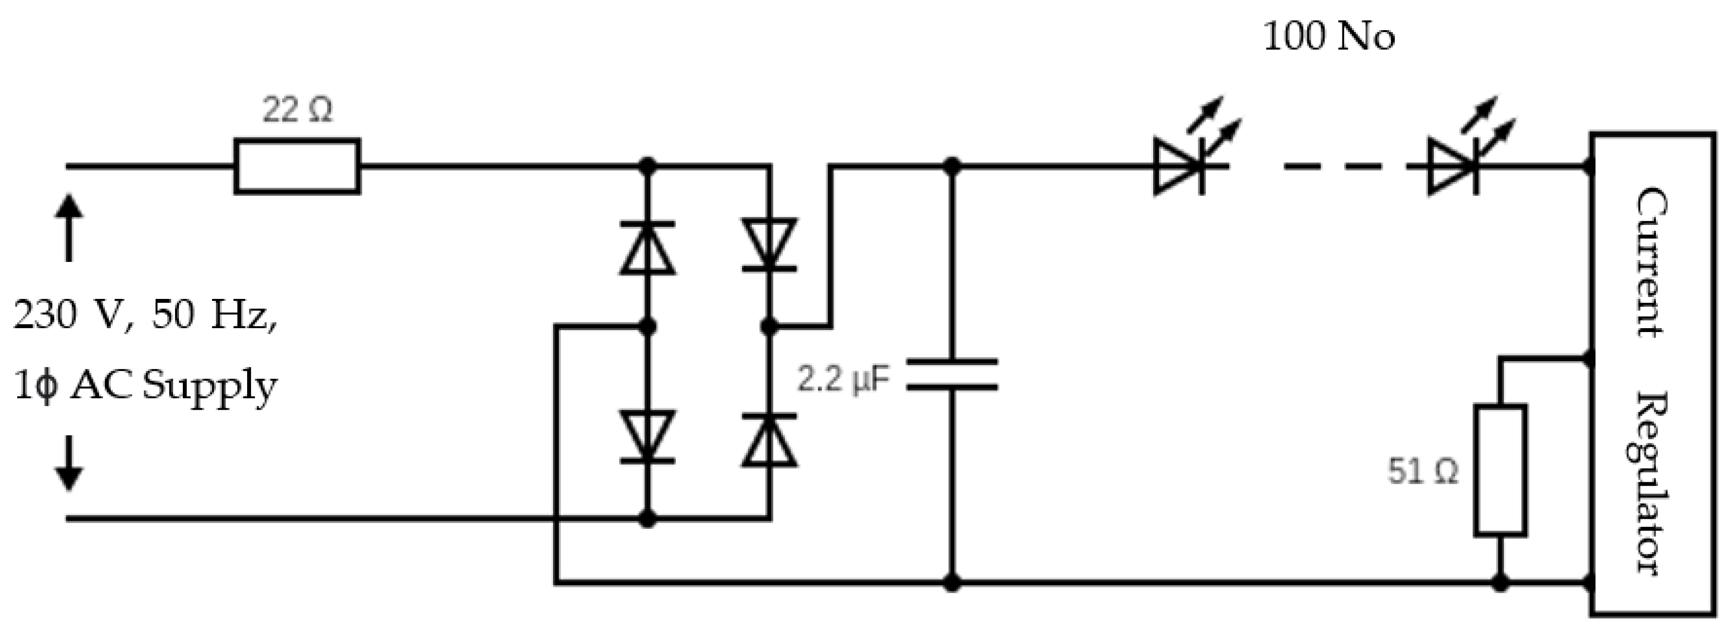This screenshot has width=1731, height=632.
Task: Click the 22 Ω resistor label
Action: point(297,110)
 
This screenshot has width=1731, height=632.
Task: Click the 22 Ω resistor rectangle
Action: point(297,166)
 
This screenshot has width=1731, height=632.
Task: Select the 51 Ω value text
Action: point(1423,471)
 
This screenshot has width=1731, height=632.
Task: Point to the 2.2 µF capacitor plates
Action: point(952,374)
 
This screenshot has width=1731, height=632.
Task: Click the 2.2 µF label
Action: point(843,379)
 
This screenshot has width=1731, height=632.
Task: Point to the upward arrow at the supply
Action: point(69,227)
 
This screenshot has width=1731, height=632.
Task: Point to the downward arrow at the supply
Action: point(69,463)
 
